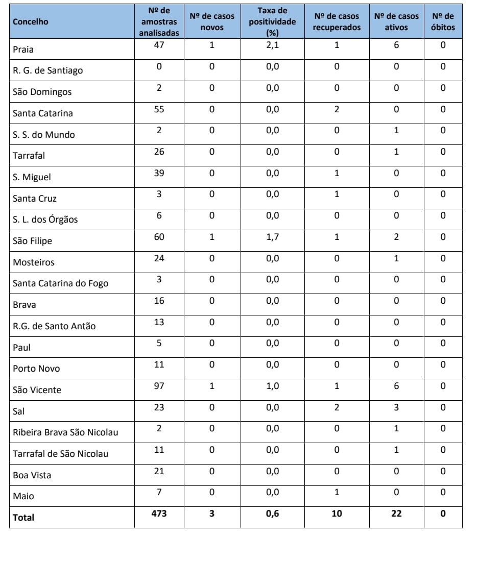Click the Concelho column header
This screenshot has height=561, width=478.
coord(31,22)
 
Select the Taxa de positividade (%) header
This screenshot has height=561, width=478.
coord(272,21)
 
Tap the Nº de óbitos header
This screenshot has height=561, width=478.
coord(442,21)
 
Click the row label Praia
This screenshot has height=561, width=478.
coord(23,50)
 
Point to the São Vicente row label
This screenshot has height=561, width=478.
coord(37,390)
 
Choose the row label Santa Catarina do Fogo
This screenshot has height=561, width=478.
coord(60,283)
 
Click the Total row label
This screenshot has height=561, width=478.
coord(23,518)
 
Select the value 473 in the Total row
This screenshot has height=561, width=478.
coord(159,514)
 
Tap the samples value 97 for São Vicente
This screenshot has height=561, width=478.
coord(159,386)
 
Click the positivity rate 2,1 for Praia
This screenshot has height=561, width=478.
coord(272,45)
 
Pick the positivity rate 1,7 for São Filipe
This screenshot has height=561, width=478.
coord(272,237)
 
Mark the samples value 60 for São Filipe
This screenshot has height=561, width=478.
coord(159,237)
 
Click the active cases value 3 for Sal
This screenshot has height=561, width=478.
coord(396,407)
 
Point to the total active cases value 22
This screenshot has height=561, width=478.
coord(396,514)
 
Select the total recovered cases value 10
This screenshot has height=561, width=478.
coord(337,514)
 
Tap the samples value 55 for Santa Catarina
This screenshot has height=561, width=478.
coord(159,109)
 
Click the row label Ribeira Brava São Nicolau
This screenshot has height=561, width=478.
coord(65,432)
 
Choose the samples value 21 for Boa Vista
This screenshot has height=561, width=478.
coord(159,471)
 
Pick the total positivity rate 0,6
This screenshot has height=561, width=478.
coord(272,514)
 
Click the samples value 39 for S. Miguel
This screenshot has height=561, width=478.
coord(159,173)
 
